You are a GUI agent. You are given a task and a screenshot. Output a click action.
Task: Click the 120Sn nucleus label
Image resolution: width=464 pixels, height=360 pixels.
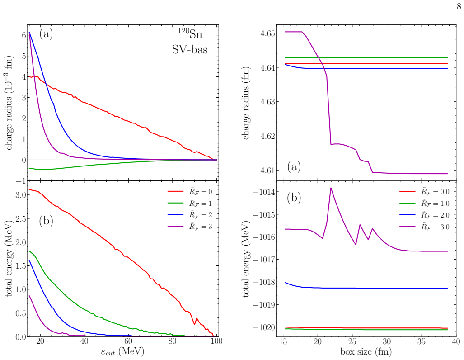click(x=190, y=34)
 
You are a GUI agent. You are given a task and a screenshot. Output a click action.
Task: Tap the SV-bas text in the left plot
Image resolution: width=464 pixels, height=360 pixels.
click(x=190, y=49)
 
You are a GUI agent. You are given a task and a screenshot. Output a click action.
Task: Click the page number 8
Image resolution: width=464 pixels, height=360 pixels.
click(x=459, y=6)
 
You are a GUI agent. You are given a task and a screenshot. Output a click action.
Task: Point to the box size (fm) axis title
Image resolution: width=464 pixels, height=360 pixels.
click(x=366, y=352)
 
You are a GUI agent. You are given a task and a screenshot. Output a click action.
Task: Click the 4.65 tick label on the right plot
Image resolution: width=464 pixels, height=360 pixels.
click(x=267, y=33)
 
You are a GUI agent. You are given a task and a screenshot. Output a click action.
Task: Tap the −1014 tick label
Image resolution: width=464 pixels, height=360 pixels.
click(x=264, y=192)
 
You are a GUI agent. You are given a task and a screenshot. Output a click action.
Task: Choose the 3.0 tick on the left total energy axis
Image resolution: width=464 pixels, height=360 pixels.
click(x=21, y=194)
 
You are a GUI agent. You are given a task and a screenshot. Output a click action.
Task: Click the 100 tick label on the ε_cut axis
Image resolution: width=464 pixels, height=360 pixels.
click(x=217, y=341)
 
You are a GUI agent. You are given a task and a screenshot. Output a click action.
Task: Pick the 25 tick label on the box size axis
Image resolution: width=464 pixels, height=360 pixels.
click(x=352, y=341)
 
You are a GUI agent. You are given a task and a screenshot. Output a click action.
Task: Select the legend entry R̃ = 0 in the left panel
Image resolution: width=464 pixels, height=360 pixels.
click(x=190, y=192)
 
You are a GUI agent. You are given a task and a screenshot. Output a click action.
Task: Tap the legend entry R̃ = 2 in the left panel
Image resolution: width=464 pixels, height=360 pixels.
click(x=190, y=215)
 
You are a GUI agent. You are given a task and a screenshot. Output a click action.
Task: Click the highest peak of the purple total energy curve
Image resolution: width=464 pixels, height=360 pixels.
click(x=331, y=188)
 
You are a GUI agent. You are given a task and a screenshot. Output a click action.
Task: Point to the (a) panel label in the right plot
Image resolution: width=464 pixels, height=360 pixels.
click(x=294, y=167)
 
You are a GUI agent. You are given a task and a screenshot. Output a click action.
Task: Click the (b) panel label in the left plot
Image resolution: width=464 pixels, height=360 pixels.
click(x=46, y=221)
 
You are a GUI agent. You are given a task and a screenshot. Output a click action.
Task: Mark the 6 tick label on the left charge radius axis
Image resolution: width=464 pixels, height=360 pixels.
click(x=24, y=35)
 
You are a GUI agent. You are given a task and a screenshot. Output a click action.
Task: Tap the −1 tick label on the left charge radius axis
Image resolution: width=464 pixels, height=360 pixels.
click(x=21, y=181)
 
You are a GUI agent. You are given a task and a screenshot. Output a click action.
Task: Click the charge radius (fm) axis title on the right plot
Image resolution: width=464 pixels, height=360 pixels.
click(x=246, y=103)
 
